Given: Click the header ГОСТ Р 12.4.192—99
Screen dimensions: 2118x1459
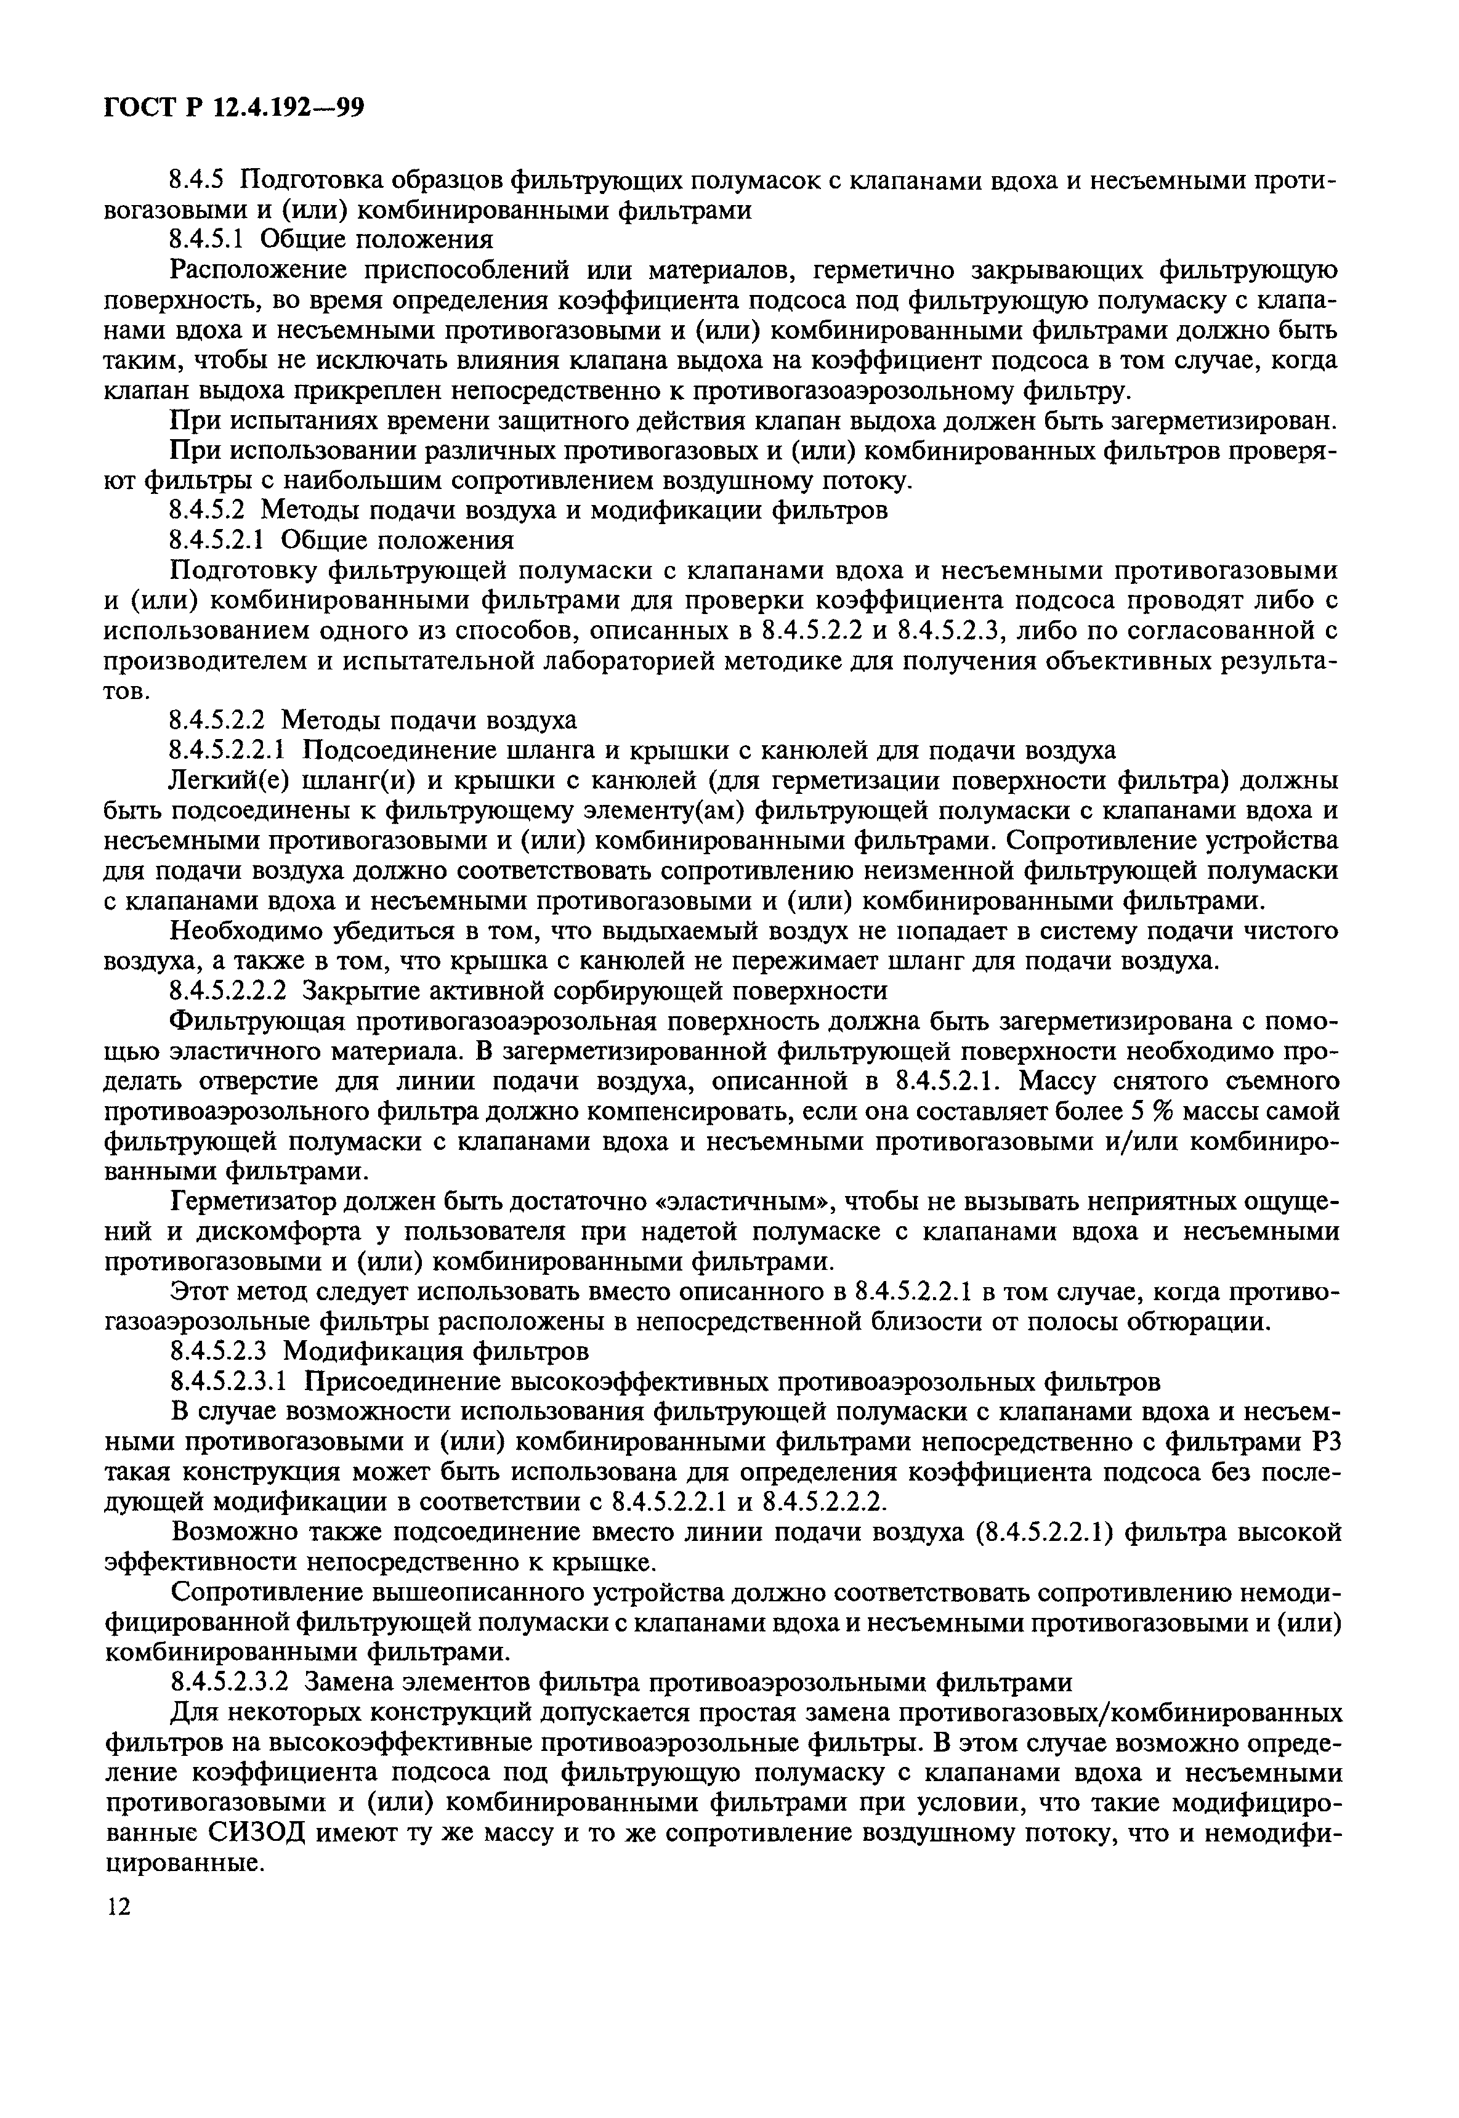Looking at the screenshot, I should (x=234, y=107).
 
